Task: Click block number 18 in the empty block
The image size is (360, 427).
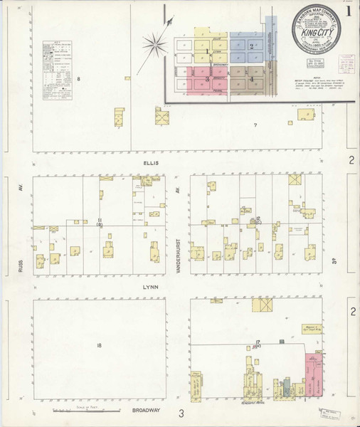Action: (x=100, y=346)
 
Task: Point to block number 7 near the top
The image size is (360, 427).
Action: (x=254, y=125)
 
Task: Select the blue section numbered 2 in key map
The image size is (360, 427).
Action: (x=253, y=46)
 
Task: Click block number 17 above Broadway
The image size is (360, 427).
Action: (x=255, y=343)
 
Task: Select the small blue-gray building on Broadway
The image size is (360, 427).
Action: (x=286, y=388)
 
